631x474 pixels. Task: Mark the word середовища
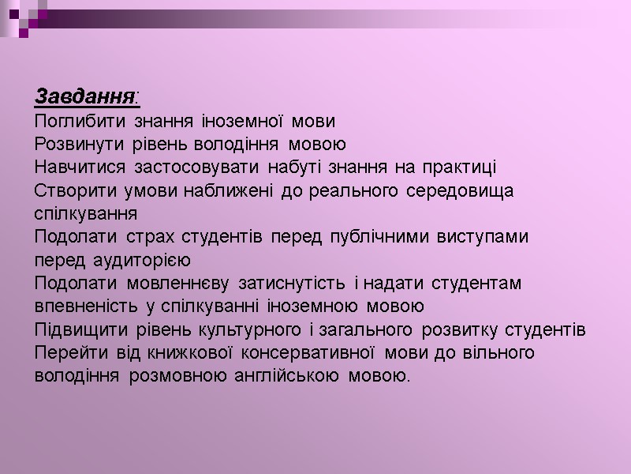tap(461, 190)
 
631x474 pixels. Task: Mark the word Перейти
tap(68, 352)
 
